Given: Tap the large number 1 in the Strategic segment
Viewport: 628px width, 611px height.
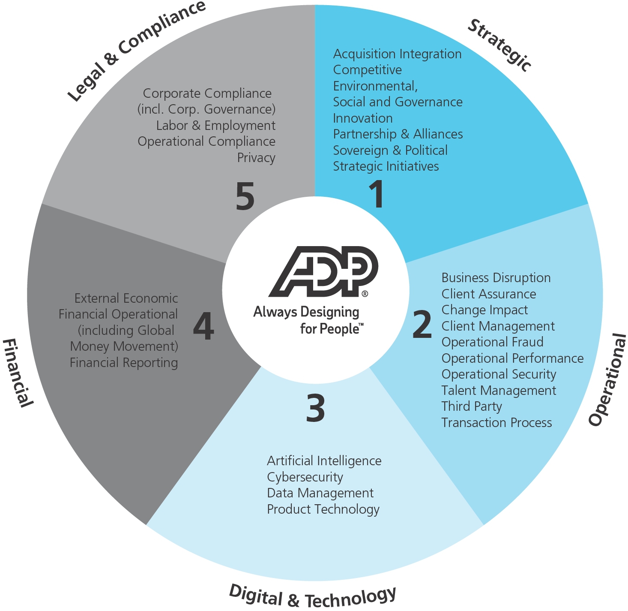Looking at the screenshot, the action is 377,194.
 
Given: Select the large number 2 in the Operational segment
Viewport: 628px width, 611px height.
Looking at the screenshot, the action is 422,324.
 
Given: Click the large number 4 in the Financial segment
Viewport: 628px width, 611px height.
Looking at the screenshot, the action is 203,326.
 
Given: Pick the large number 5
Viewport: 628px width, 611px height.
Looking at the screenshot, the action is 245,196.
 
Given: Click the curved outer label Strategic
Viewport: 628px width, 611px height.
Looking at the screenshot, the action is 499,45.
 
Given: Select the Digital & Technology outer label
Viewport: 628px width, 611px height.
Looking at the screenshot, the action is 312,596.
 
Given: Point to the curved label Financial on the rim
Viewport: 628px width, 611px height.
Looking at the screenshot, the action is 18,373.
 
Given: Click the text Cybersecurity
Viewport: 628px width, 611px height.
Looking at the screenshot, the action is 305,477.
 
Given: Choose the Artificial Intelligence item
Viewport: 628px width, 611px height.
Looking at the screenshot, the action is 324,461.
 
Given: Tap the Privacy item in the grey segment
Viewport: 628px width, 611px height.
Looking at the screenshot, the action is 256,158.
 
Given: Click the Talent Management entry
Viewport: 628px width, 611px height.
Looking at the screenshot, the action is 499,391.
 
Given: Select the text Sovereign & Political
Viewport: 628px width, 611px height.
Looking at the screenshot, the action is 390,150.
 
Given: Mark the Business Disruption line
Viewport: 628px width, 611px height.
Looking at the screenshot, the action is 496,278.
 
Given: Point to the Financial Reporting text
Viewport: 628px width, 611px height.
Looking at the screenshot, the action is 124,363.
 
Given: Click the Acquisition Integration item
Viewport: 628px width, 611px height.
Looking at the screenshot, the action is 397,54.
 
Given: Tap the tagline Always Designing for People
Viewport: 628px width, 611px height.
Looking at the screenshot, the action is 308,320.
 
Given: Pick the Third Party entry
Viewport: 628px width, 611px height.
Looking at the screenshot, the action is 472,406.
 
